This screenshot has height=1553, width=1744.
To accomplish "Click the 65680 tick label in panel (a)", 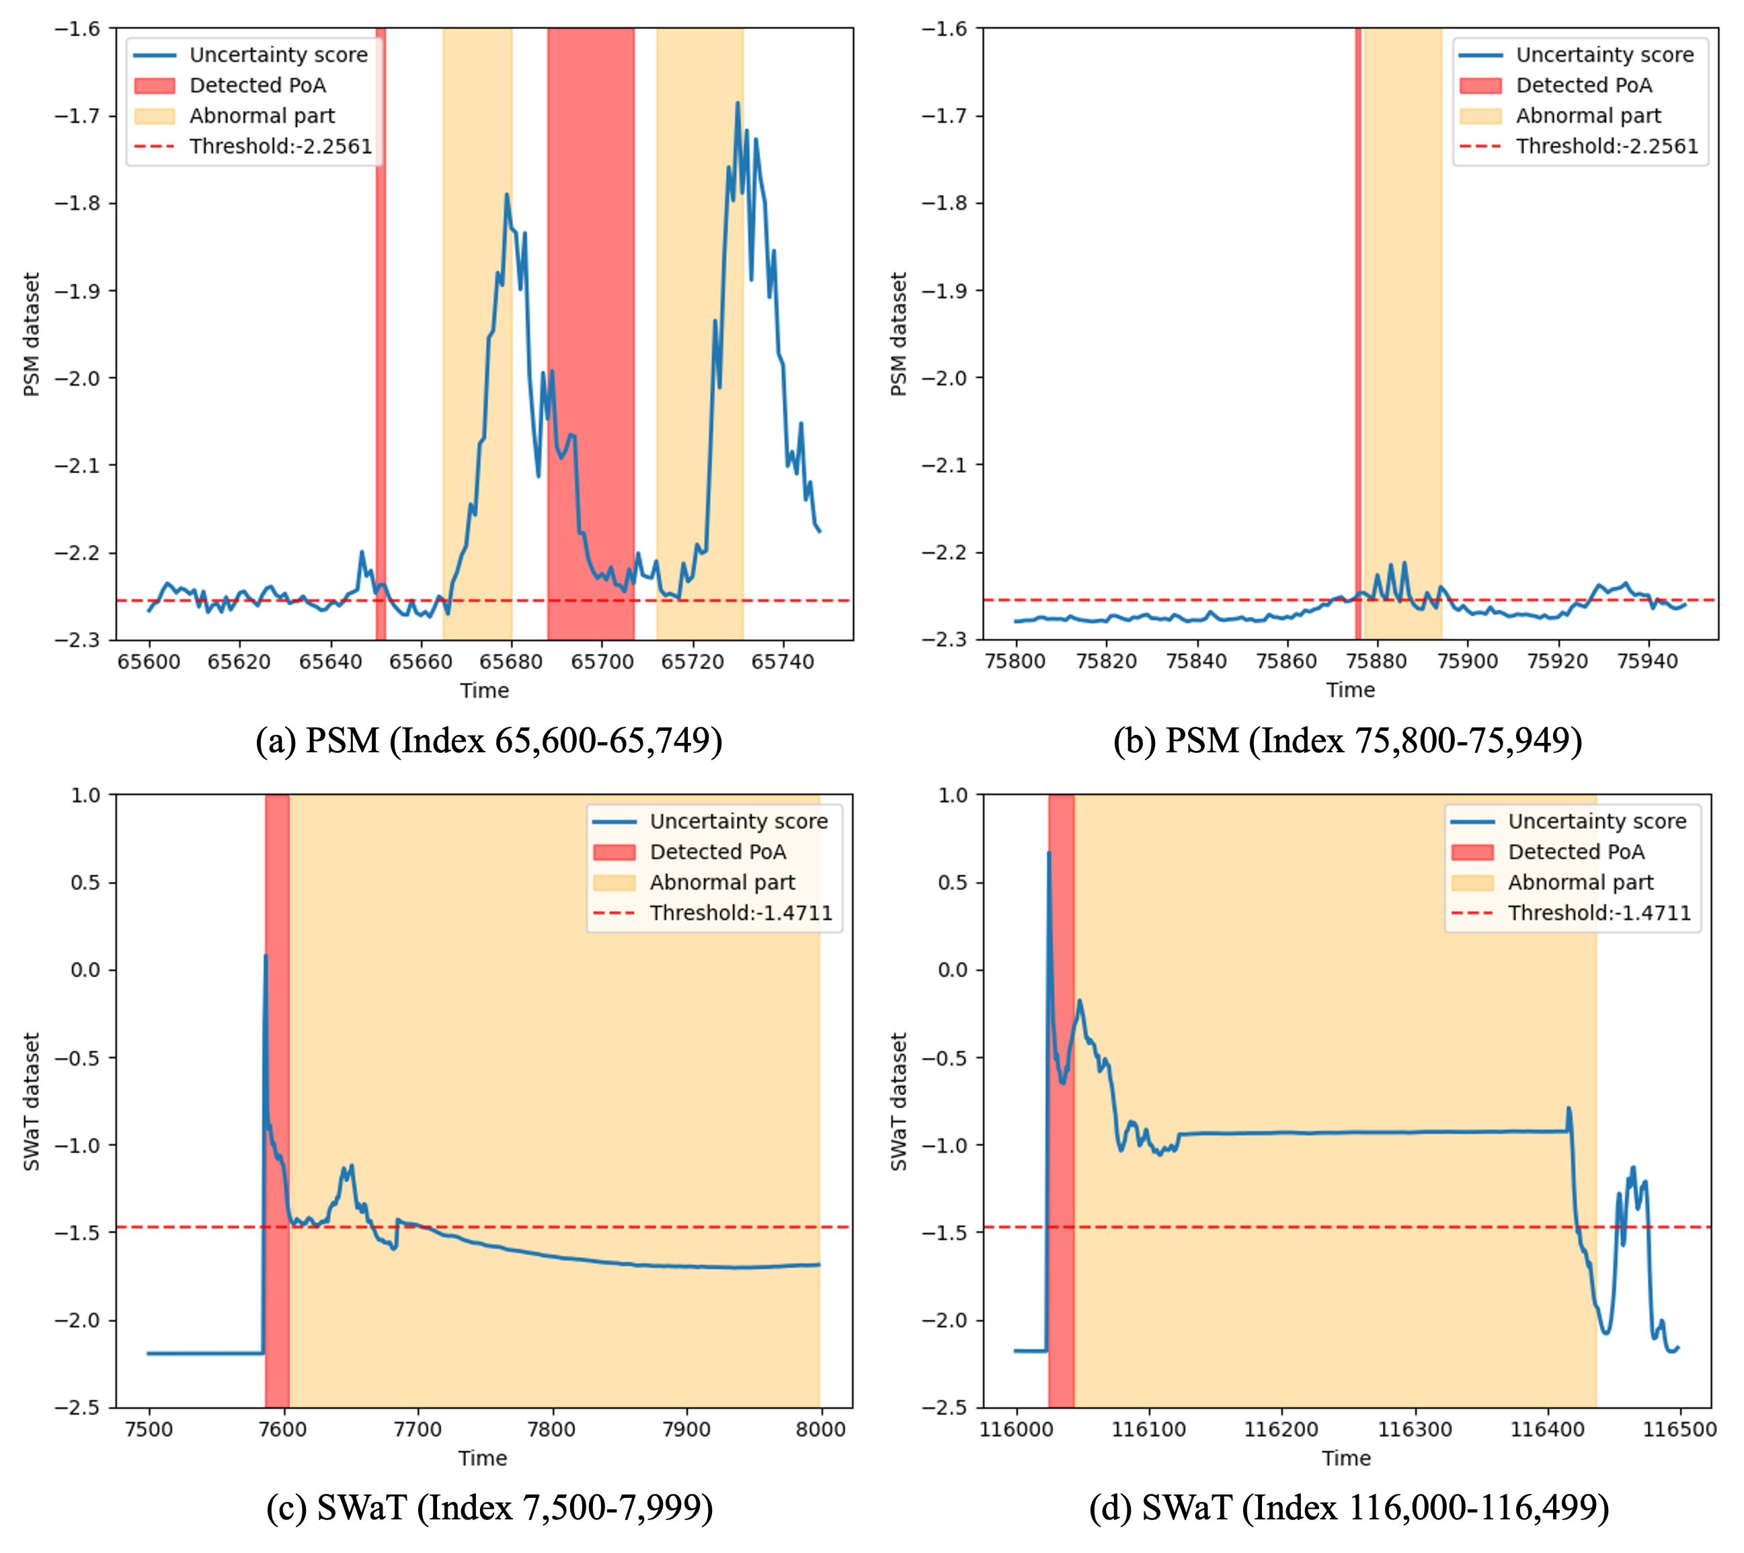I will click(x=510, y=662).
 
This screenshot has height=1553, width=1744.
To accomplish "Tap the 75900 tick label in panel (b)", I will click(x=1468, y=662).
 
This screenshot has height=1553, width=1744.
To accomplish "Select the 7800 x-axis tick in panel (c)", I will click(x=552, y=1429).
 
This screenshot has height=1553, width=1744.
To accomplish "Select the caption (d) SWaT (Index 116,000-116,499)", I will click(x=1349, y=1508).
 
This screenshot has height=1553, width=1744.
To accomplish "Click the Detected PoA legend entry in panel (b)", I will click(x=1583, y=85).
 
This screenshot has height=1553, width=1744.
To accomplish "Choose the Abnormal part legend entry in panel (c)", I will click(x=722, y=882).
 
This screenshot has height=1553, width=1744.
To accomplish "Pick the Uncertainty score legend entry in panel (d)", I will click(x=1596, y=821).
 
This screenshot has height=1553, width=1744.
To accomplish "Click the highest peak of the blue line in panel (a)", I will click(x=737, y=104).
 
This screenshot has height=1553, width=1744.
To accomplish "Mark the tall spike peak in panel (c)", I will click(x=266, y=957).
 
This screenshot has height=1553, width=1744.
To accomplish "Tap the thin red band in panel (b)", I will click(x=1358, y=342).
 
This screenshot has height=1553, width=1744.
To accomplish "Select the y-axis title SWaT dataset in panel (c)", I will click(x=32, y=1102).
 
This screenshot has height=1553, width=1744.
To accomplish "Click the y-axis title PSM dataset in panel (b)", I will click(x=898, y=335).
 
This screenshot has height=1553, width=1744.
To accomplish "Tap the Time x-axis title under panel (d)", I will click(x=1347, y=1458).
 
